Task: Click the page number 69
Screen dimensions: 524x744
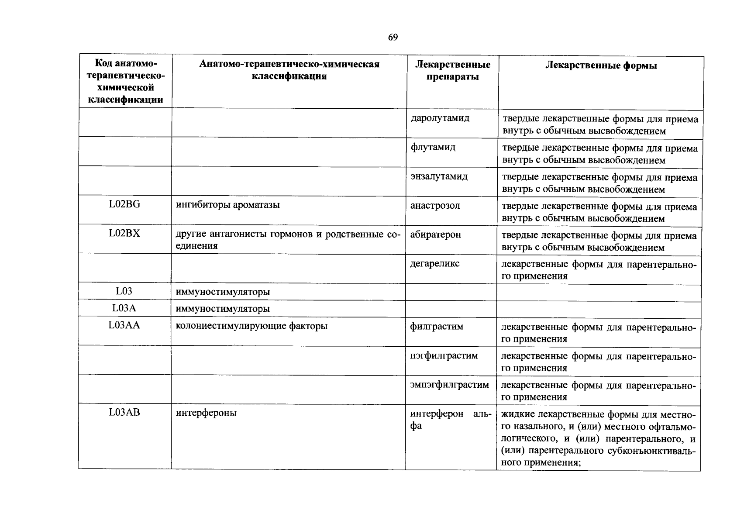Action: click(x=393, y=38)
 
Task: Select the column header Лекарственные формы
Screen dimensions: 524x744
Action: click(x=601, y=65)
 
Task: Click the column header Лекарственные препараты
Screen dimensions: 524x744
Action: click(x=452, y=71)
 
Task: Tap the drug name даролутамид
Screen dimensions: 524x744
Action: click(x=440, y=118)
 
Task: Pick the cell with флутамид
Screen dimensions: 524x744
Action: click(x=433, y=147)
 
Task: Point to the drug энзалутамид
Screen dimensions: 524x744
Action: click(x=439, y=176)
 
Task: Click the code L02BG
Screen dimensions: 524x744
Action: click(x=124, y=204)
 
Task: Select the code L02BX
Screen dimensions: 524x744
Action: click(x=124, y=233)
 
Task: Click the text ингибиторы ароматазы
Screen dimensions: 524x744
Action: click(x=227, y=205)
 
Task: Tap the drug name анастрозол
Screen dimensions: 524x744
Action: click(x=435, y=206)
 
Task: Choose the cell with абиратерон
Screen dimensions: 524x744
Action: click(x=435, y=234)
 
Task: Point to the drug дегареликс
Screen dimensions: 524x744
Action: click(x=434, y=264)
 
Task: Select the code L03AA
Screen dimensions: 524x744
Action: click(x=124, y=325)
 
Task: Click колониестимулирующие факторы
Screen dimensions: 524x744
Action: click(x=251, y=326)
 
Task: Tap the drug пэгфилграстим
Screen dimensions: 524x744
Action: click(x=444, y=355)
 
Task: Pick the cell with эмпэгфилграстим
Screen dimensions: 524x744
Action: click(x=449, y=385)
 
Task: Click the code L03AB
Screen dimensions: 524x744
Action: click(x=124, y=412)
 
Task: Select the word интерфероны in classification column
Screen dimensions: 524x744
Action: click(x=206, y=413)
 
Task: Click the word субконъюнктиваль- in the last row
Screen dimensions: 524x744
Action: click(x=651, y=451)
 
